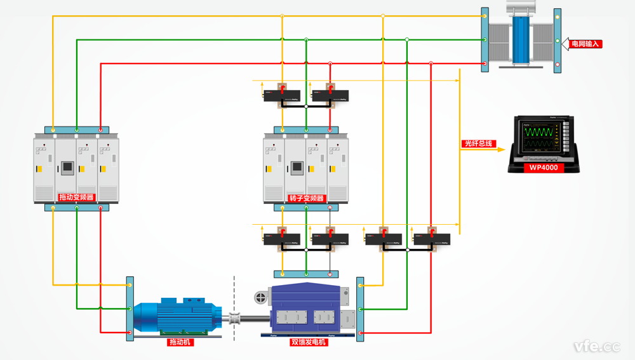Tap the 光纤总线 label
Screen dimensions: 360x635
(x=478, y=144)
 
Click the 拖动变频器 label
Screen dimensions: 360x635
(x=76, y=197)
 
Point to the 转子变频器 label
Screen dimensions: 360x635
(x=307, y=198)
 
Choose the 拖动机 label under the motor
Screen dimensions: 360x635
(x=180, y=342)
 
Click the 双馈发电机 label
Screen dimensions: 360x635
(x=309, y=342)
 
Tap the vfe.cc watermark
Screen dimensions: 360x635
(x=596, y=346)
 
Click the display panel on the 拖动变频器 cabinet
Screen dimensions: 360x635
(x=66, y=168)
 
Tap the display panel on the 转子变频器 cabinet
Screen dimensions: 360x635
(x=296, y=168)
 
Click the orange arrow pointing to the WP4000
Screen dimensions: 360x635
(x=500, y=150)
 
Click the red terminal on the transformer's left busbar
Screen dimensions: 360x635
(x=485, y=63)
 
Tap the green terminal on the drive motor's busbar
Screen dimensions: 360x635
(x=130, y=309)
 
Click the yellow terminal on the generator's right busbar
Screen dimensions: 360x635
(x=360, y=285)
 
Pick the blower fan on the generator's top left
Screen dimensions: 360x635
(x=260, y=297)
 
